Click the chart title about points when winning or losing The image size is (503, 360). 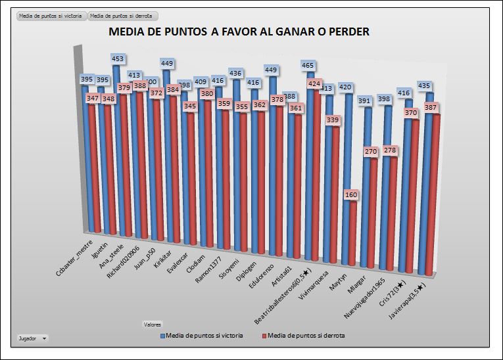pos(239,32)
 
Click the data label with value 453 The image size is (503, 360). pos(118,59)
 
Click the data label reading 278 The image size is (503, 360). pos(389,150)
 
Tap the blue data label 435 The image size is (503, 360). pos(424,85)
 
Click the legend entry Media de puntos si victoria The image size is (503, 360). pos(204,336)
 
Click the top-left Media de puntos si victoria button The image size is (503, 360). pos(51,15)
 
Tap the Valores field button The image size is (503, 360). pos(152,324)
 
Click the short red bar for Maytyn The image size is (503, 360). pos(352,236)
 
